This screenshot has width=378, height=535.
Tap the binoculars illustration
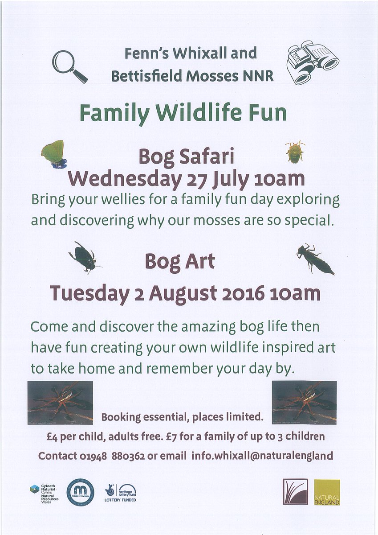(x=312, y=63)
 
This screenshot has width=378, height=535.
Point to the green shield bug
(x=295, y=152)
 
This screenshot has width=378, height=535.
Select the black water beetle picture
(x=83, y=257)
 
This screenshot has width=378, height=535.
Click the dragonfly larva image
(x=315, y=259)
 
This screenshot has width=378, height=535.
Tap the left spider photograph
(x=60, y=402)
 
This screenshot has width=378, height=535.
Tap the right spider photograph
(x=304, y=402)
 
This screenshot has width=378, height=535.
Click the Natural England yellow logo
(x=327, y=492)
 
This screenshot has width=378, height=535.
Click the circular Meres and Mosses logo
(x=80, y=492)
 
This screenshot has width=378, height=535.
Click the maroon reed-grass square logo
(x=295, y=492)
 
